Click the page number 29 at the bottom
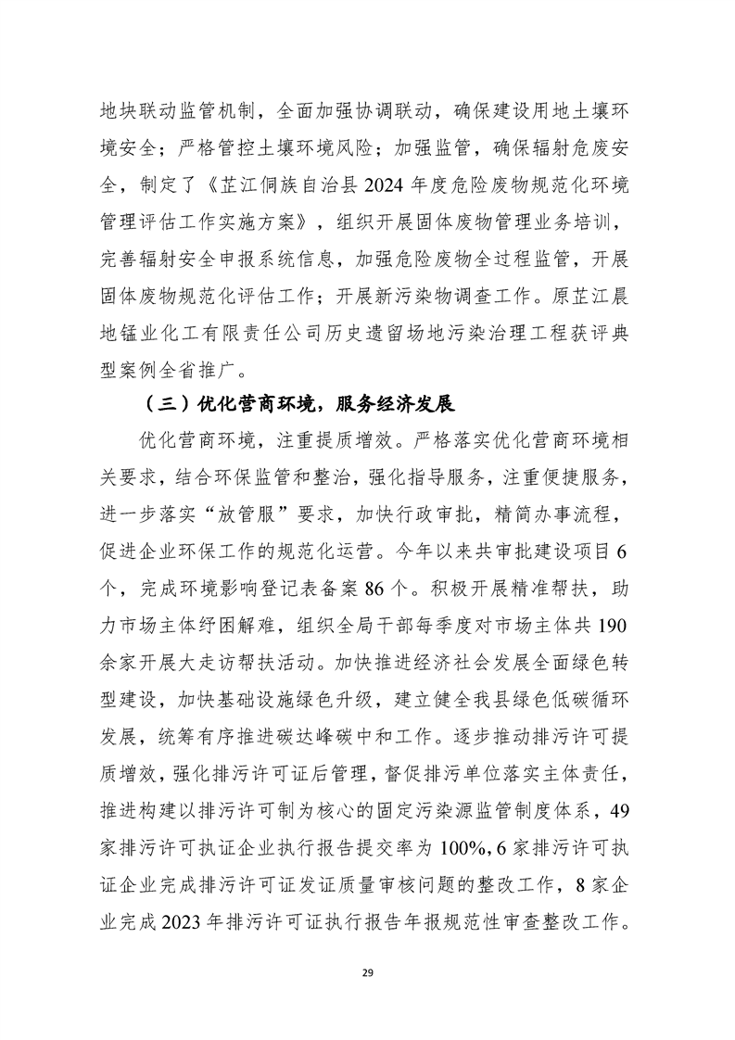point(367,971)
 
